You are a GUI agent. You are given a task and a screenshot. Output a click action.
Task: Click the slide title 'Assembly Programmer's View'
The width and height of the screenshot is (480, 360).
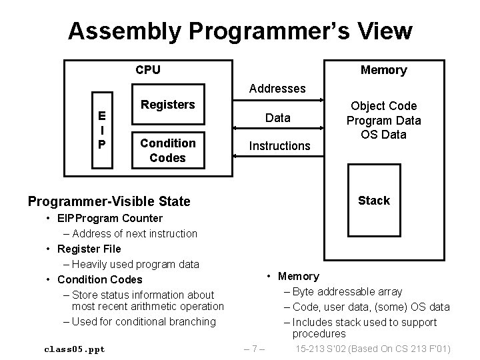click(x=240, y=31)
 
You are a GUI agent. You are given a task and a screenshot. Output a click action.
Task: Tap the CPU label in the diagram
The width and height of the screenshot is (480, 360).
click(x=147, y=69)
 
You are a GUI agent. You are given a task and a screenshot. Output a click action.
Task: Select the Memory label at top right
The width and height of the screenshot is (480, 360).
click(x=383, y=70)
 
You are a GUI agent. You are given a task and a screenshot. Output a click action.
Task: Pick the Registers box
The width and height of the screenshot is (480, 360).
click(x=168, y=105)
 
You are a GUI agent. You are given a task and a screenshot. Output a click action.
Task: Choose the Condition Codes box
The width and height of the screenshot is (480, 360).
click(x=168, y=150)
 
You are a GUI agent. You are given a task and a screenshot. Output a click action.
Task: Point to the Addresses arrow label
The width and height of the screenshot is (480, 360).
click(x=277, y=88)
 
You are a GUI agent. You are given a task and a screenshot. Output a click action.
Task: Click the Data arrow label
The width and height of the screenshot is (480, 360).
click(x=277, y=118)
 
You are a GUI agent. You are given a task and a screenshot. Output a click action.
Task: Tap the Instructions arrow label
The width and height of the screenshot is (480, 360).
click(x=279, y=145)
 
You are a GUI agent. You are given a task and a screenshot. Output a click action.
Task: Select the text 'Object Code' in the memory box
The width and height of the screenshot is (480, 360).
click(x=383, y=106)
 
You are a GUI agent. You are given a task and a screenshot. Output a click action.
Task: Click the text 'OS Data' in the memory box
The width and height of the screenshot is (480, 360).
click(x=383, y=135)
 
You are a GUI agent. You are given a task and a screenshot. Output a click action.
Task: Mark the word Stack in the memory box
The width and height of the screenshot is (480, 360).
click(x=374, y=201)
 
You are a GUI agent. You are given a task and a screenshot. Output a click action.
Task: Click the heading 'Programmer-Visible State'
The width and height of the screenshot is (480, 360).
click(x=109, y=201)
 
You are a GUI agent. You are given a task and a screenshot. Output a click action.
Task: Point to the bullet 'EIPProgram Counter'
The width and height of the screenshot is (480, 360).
click(x=109, y=218)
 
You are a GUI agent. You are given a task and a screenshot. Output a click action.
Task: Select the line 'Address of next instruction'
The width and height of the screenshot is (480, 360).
click(x=135, y=233)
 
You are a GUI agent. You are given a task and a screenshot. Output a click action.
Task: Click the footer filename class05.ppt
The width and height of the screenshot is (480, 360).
click(x=74, y=349)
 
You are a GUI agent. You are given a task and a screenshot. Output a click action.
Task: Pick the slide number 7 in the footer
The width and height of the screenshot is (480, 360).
click(x=255, y=349)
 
